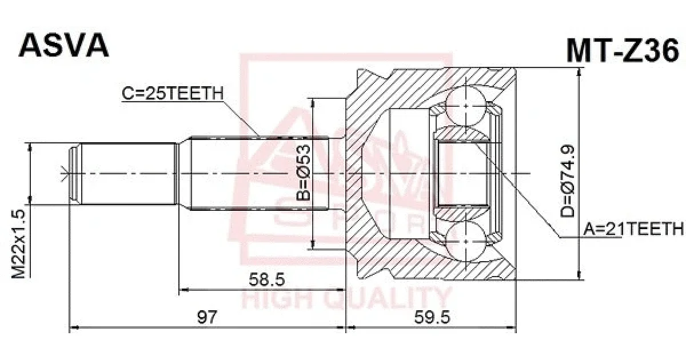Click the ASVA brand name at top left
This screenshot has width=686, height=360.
63,46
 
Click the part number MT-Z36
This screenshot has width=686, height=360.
623,51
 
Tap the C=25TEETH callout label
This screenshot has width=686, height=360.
173,93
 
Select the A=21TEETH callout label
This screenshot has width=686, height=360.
633,229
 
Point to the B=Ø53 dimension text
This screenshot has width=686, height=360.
304,173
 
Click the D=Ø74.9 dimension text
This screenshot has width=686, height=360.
568,181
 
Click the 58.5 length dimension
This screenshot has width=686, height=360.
267,279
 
